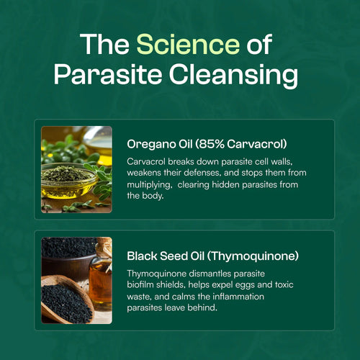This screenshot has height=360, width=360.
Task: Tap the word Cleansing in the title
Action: coord(236,74)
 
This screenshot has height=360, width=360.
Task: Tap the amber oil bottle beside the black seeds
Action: coord(102,277)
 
